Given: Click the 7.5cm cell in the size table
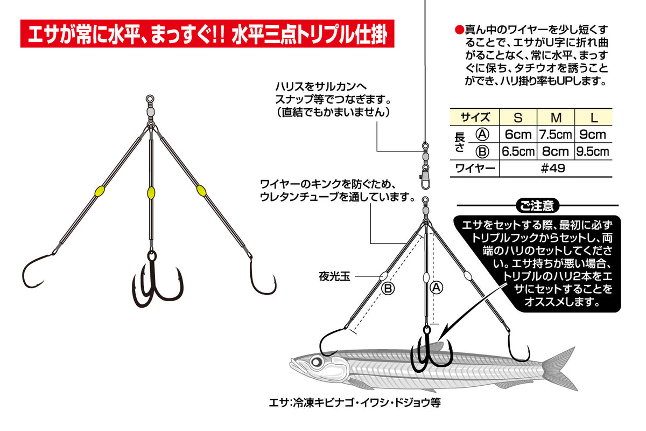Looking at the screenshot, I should click(x=556, y=134).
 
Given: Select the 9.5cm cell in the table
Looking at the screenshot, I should click(x=593, y=151).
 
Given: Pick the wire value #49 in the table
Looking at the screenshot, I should click(x=554, y=168).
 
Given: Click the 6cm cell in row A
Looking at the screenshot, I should click(x=517, y=134).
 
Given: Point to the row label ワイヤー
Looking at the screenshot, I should click(x=474, y=168).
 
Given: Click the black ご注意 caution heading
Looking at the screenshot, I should click(x=537, y=205).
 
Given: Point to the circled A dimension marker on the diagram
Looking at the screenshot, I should click(x=437, y=288).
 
